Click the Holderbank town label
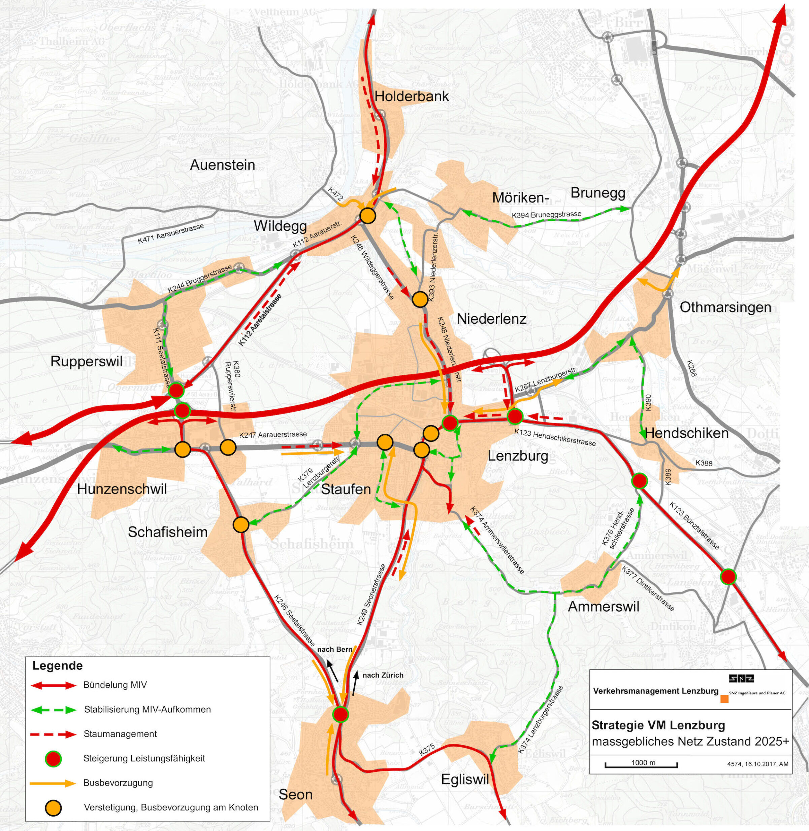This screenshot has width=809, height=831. tap(411, 96)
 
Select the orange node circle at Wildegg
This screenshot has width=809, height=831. tap(368, 216)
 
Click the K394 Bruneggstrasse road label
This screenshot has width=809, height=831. tap(546, 215)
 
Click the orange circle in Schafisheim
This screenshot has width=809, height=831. tap(241, 525)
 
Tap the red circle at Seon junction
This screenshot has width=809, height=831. tap(340, 714)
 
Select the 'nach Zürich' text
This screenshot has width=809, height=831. tap(383, 675)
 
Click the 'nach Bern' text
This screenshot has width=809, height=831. tap(335, 649)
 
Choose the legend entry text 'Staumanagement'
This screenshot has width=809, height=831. tap(120, 734)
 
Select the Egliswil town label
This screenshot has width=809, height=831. tap(465, 779)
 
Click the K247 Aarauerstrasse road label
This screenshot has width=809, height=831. tap(273, 435)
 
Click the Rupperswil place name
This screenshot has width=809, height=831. tap(86, 362)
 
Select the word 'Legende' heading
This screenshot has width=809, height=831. tap(57, 665)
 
